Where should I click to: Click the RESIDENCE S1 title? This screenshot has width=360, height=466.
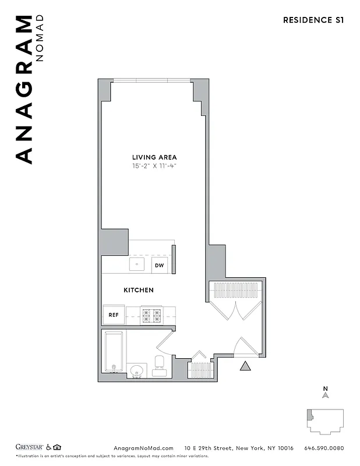pyautogui.click(x=313, y=20)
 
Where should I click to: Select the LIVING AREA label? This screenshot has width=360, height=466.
pyautogui.click(x=154, y=157)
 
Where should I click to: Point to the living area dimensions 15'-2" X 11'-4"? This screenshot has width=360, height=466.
pyautogui.click(x=154, y=166)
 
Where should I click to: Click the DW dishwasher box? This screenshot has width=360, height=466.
pyautogui.click(x=159, y=266)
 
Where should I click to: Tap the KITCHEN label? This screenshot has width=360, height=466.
pyautogui.click(x=139, y=290)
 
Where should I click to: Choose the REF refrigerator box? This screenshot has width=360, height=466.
pyautogui.click(x=114, y=315)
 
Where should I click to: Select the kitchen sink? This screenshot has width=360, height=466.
pyautogui.click(x=137, y=264)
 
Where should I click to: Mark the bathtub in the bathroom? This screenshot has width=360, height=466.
pyautogui.click(x=113, y=352)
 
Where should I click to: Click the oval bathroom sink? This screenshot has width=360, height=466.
pyautogui.click(x=137, y=370)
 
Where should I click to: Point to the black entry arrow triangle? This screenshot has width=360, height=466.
pyautogui.click(x=245, y=366)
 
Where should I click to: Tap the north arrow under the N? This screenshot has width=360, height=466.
pyautogui.click(x=326, y=395)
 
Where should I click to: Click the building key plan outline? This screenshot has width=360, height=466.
pyautogui.click(x=325, y=421)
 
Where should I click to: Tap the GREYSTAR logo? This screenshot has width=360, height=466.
pyautogui.click(x=29, y=447)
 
